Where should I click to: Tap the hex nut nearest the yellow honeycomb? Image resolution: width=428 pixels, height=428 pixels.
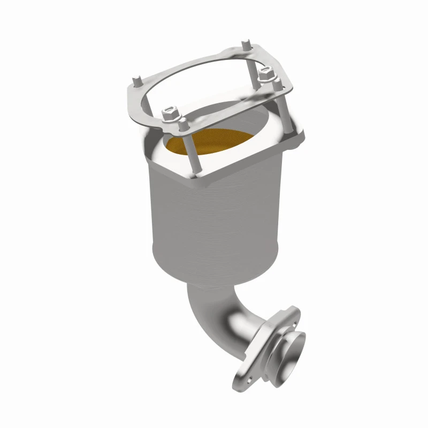click(x=170, y=113)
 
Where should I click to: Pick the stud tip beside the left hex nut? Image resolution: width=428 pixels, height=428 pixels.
click(x=182, y=121)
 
